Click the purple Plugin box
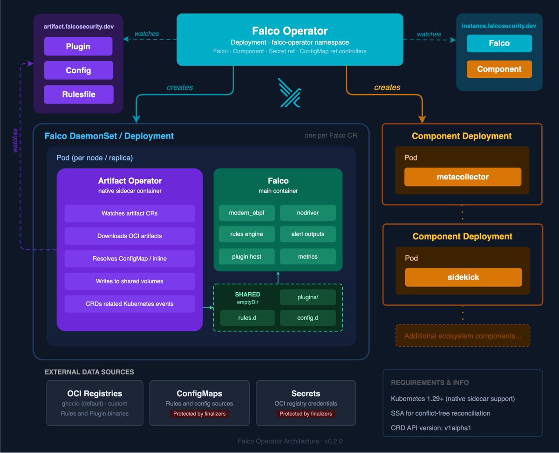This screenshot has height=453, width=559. pyautogui.click(x=78, y=47)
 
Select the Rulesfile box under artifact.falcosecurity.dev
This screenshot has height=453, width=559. pyautogui.click(x=78, y=94)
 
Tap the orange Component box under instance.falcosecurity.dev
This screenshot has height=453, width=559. pyautogui.click(x=499, y=69)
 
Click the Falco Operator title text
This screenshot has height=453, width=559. pyautogui.click(x=290, y=31)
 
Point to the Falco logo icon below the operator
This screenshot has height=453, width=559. pyautogui.click(x=289, y=93)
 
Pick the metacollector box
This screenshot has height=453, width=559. pyautogui.click(x=463, y=177)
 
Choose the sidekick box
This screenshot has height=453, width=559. pyautogui.click(x=463, y=277)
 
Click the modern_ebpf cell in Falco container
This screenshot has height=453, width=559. pyautogui.click(x=246, y=213)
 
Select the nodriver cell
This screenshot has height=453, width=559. pyautogui.click(x=307, y=213)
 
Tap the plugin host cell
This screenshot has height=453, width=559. pyautogui.click(x=246, y=256)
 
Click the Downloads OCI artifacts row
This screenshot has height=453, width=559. pyautogui.click(x=130, y=236)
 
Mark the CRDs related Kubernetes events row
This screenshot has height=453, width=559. pyautogui.click(x=130, y=304)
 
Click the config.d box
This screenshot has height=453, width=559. pyautogui.click(x=307, y=318)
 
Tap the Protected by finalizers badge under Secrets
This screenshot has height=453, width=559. pyautogui.click(x=306, y=414)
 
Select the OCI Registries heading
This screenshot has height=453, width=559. pyautogui.click(x=95, y=394)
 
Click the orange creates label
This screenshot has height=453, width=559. pyautogui.click(x=387, y=87)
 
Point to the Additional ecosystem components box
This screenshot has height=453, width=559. pyautogui.click(x=463, y=336)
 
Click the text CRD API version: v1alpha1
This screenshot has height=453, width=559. pyautogui.click(x=431, y=428)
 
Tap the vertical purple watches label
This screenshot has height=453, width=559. pyautogui.click(x=15, y=140)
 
